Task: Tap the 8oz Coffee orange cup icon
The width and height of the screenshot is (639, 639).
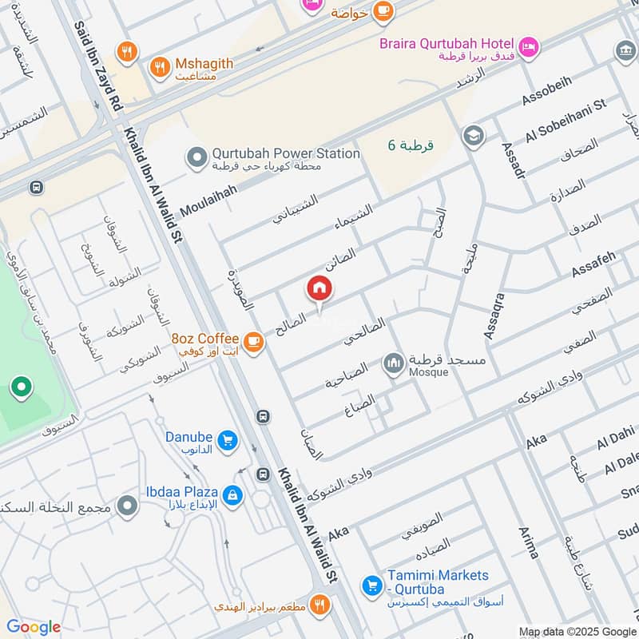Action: point(253,342)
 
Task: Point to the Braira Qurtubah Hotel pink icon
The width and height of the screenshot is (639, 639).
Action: point(528,49)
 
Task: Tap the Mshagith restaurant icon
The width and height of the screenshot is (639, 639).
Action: point(161,68)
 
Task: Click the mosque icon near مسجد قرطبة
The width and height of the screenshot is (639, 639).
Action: point(392,365)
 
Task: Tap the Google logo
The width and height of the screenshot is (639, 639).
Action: point(34,627)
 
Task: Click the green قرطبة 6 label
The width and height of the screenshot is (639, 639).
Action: point(410,145)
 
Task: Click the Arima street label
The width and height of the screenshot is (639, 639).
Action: point(529,542)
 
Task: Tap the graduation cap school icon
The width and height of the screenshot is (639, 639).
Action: point(473,135)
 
